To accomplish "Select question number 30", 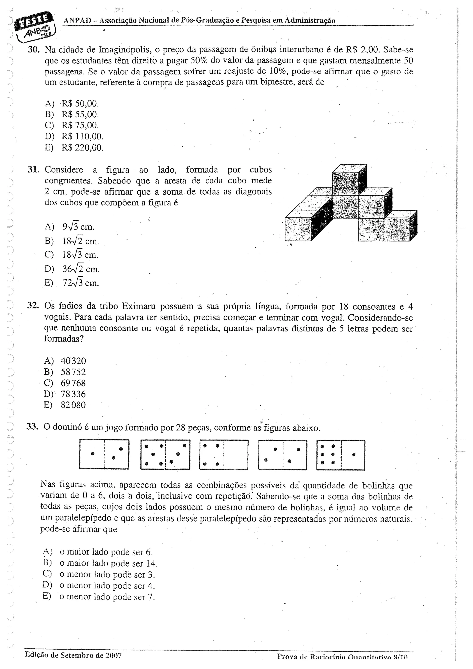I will [x=33, y=50].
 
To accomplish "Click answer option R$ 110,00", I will [x=82, y=136].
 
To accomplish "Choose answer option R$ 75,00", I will [x=80, y=125].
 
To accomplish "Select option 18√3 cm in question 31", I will [x=80, y=255].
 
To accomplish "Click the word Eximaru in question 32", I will [x=138, y=306].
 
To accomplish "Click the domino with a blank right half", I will [x=224, y=455].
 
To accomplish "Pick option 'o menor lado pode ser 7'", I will [x=107, y=597].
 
